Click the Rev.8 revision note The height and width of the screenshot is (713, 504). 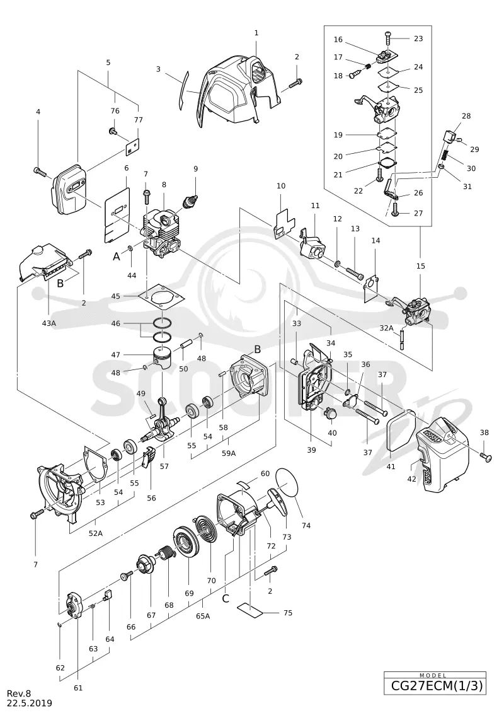19,693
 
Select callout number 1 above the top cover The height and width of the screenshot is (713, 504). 256,33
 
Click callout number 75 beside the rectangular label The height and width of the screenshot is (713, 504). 288,613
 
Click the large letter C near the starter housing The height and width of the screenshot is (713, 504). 226,598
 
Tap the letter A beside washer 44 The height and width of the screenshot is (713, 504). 117,257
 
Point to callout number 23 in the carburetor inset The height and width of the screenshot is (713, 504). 418,38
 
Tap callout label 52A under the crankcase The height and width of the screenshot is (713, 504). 95,533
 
